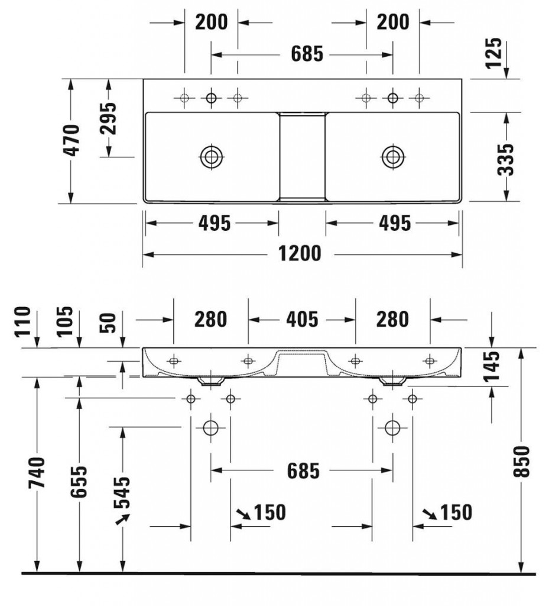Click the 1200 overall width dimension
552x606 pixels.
[301, 253]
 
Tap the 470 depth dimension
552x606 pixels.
[71, 140]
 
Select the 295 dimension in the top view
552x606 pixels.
[108, 118]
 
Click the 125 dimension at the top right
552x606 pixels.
[495, 53]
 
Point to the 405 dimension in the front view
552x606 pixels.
[301, 320]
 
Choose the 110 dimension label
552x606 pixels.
[22, 322]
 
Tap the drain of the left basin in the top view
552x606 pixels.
[211, 156]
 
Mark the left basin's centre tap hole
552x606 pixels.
[211, 98]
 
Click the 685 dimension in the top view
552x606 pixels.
[307, 54]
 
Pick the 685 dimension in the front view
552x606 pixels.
[303, 471]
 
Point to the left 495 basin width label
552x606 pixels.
[213, 223]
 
